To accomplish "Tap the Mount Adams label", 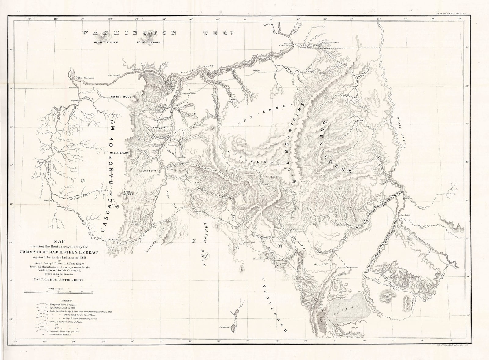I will tap(148, 42).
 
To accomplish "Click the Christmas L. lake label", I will tap(226, 327).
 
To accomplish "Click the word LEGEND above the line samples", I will tap(66, 301).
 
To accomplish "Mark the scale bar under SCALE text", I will tap(58, 291).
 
